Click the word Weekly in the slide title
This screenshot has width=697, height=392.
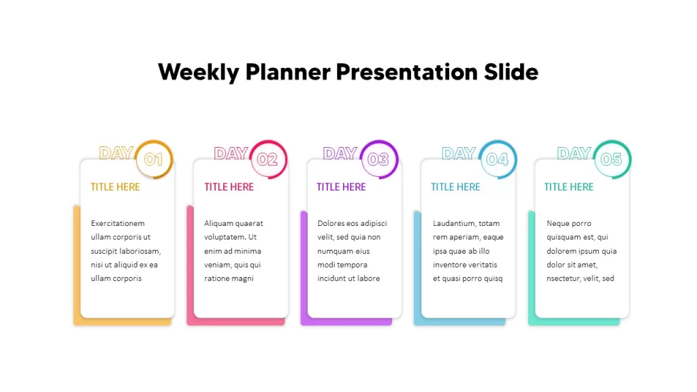pos(198,72)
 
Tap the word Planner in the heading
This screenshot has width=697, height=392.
pos(288,72)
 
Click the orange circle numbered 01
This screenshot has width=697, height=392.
pos(154,159)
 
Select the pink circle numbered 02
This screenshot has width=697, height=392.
pos(268,159)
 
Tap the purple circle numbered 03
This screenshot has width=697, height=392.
pos(379,159)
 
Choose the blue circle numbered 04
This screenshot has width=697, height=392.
pos(498,159)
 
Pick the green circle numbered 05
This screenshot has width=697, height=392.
pos(612,159)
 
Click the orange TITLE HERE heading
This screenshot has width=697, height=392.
pos(115,187)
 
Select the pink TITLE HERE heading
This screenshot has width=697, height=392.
pos(229,187)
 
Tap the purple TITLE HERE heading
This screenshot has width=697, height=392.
pos(342,187)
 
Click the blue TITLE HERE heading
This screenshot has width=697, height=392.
pos(455,187)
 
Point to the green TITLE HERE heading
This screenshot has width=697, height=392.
pos(569,187)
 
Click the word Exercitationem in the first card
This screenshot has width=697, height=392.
pos(118,223)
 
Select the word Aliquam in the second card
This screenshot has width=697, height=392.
pos(218,223)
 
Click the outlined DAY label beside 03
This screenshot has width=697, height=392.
pos(340,153)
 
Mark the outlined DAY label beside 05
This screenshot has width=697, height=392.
pos(574,153)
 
